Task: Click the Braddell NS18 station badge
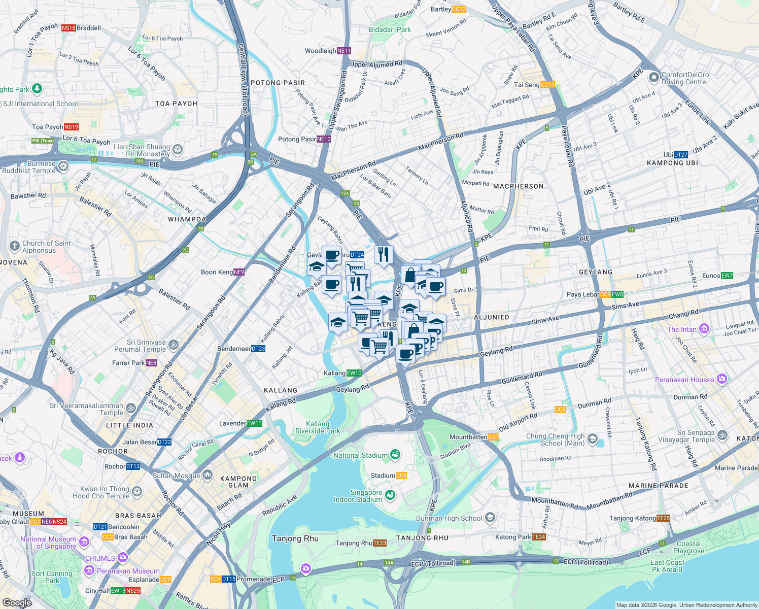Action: click(x=68, y=28)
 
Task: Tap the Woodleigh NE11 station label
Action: click(x=328, y=51)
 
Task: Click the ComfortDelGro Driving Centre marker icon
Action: click(x=653, y=78)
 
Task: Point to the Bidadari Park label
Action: click(x=390, y=29)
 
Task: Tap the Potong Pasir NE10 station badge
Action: click(x=324, y=139)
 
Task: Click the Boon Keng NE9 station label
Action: click(x=222, y=272)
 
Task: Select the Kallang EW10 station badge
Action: click(x=354, y=373)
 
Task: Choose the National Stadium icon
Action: click(x=395, y=455)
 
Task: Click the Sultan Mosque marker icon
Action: click(x=207, y=476)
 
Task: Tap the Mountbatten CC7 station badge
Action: click(x=494, y=437)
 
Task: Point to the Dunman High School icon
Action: click(x=490, y=518)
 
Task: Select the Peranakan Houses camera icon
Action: click(x=722, y=379)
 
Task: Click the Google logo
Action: click(x=16, y=603)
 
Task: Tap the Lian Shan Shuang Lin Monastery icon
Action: click(x=178, y=150)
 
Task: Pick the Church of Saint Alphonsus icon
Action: click(x=14, y=247)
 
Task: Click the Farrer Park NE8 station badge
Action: click(x=151, y=363)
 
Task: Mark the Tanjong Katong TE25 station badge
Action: click(x=663, y=518)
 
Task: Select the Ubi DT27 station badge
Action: click(x=681, y=155)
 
